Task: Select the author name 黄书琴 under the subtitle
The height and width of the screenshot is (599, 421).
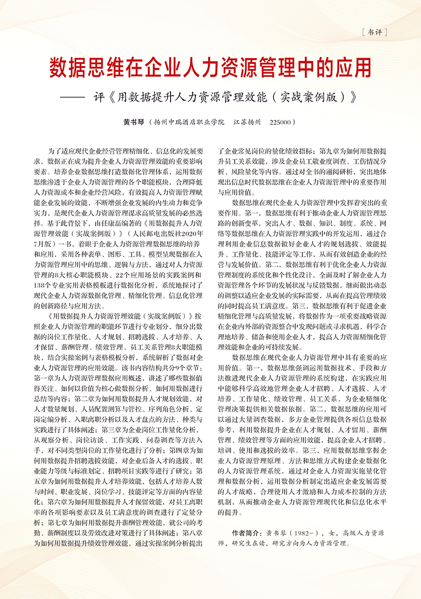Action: tap(134, 123)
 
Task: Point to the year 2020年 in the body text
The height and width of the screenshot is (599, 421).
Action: tap(192, 233)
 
